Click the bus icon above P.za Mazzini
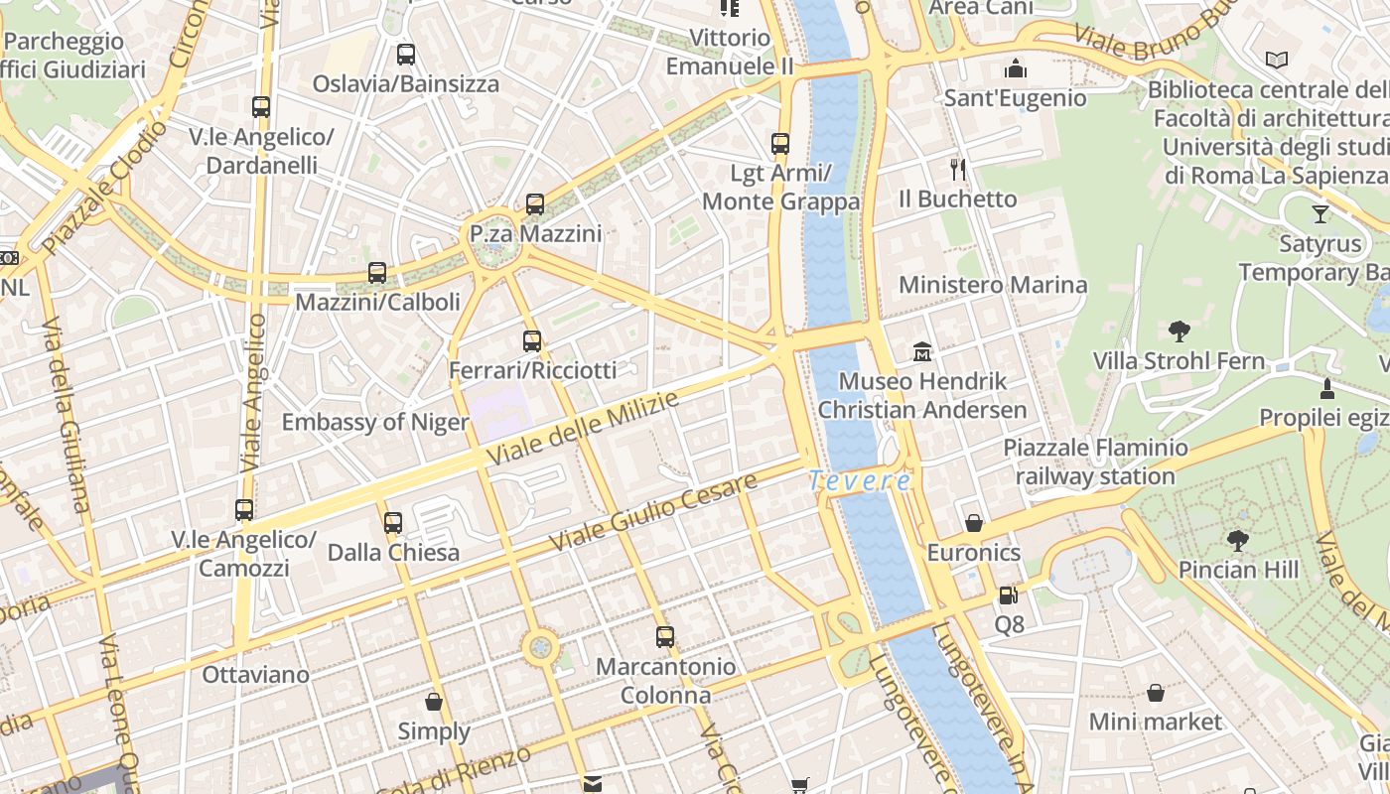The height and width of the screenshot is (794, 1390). click(x=535, y=204)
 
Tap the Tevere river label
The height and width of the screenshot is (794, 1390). click(x=860, y=481)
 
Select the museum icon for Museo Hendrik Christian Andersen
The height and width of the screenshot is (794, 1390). click(x=923, y=351)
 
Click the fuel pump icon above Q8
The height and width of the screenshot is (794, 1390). click(x=1009, y=595)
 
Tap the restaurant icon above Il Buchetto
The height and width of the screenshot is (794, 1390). click(x=958, y=170)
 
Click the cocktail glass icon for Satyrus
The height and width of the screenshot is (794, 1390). click(x=1320, y=213)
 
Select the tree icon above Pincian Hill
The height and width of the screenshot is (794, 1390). click(x=1237, y=540)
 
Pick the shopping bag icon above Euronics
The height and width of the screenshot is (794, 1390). click(x=974, y=523)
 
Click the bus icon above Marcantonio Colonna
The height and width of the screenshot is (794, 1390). click(x=665, y=637)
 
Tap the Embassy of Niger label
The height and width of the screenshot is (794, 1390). click(x=375, y=423)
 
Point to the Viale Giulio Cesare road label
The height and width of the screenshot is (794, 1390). click(x=653, y=513)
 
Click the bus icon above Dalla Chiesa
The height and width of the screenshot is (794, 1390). click(x=393, y=522)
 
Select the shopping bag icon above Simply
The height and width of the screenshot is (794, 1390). click(x=434, y=703)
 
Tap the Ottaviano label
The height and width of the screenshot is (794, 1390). click(x=255, y=675)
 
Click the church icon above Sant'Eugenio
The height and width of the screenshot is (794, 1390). click(x=1015, y=68)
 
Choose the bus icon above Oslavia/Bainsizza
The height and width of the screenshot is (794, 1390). click(x=405, y=55)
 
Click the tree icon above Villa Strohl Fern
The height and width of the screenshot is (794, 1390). click(x=1180, y=331)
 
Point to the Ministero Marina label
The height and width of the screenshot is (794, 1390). click(x=993, y=286)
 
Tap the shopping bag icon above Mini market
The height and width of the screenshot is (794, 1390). click(x=1156, y=693)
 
